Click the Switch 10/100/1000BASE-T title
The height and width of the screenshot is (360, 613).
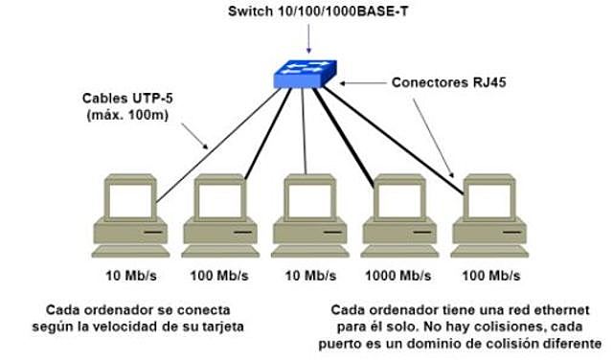[308, 12]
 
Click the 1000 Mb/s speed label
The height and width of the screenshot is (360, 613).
[397, 276]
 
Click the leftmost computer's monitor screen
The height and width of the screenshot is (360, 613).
[130, 199]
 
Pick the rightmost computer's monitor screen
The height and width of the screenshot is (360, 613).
[489, 199]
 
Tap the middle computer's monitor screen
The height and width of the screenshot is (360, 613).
[308, 199]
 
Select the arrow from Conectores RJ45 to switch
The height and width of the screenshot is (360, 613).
[364, 83]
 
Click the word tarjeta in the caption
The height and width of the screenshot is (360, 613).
[223, 326]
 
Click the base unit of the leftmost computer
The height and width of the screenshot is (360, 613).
[130, 234]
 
